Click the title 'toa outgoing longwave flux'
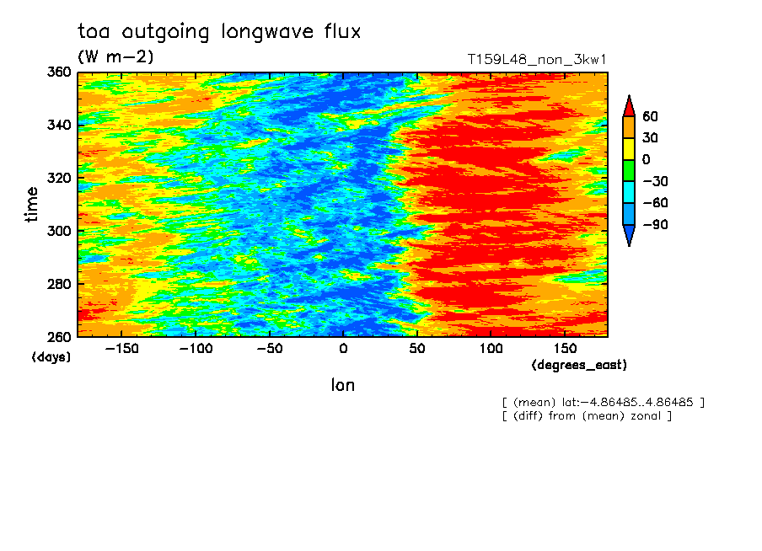pyautogui.click(x=219, y=31)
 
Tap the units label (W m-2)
pyautogui.click(x=115, y=56)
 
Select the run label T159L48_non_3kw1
pyautogui.click(x=536, y=59)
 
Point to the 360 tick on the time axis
pyautogui.click(x=59, y=72)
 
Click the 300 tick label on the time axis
pyautogui.click(x=59, y=231)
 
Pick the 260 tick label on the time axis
pyautogui.click(x=59, y=337)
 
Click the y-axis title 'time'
pyautogui.click(x=31, y=205)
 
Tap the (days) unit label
pyautogui.click(x=51, y=357)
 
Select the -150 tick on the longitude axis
pyautogui.click(x=121, y=349)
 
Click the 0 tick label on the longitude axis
pyautogui.click(x=343, y=349)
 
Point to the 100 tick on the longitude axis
pyautogui.click(x=491, y=349)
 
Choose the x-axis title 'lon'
pyautogui.click(x=343, y=385)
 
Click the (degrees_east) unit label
pyautogui.click(x=579, y=365)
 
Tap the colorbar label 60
pyautogui.click(x=650, y=116)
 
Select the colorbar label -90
pyautogui.click(x=655, y=224)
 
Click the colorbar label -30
pyautogui.click(x=655, y=181)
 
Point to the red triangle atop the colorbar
pyautogui.click(x=629, y=107)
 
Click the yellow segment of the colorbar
pyautogui.click(x=629, y=148)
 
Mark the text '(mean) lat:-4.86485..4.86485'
pyautogui.click(x=603, y=403)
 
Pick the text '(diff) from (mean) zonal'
pyautogui.click(x=587, y=416)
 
